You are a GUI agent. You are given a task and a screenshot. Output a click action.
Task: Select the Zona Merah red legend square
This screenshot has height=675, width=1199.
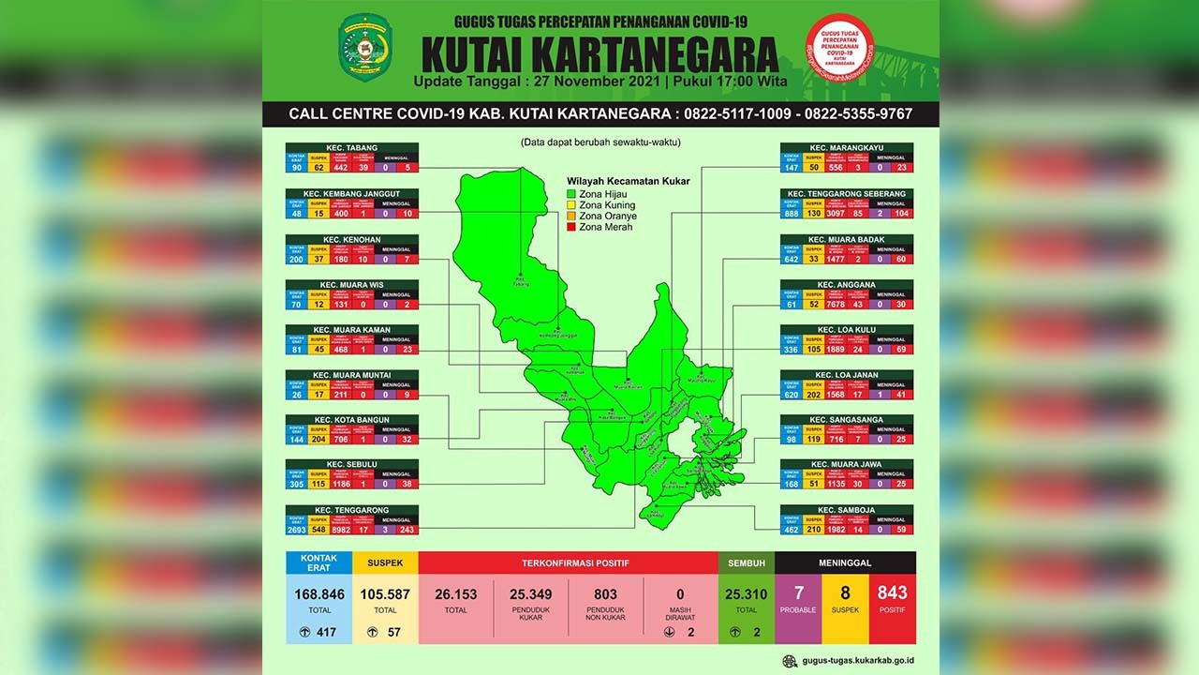[x=571, y=227]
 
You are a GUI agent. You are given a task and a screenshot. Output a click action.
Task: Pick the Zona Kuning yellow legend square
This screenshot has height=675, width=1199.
[x=571, y=205]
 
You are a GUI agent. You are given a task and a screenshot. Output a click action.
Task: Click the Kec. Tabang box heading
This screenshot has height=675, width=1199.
[x=352, y=148]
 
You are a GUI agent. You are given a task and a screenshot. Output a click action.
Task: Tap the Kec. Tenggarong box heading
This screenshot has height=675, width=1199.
[x=352, y=510]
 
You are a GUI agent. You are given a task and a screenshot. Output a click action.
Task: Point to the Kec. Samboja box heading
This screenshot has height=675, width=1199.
[x=846, y=510]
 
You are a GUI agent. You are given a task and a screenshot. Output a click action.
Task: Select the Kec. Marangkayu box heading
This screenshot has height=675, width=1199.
[x=846, y=148]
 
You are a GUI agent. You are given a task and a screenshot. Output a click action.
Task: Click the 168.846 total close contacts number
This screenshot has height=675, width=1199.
[x=319, y=594]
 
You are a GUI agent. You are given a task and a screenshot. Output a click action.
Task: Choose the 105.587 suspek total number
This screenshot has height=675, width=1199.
[x=386, y=594]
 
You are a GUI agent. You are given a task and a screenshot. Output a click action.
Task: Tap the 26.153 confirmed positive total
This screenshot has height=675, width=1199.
[x=456, y=594]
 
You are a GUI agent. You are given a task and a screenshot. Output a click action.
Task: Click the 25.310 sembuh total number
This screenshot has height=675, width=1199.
[x=747, y=594]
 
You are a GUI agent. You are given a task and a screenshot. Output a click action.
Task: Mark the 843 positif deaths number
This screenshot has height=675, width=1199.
[x=893, y=592]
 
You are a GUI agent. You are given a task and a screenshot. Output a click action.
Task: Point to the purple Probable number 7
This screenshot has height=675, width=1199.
[x=798, y=592]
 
